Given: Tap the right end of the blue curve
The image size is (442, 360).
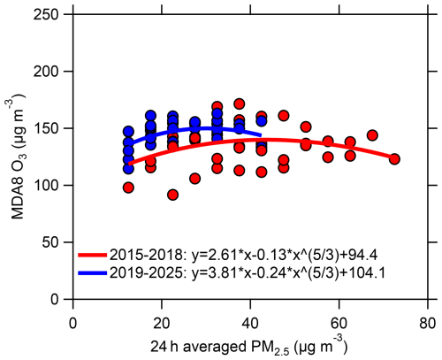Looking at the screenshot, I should click(260, 135).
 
